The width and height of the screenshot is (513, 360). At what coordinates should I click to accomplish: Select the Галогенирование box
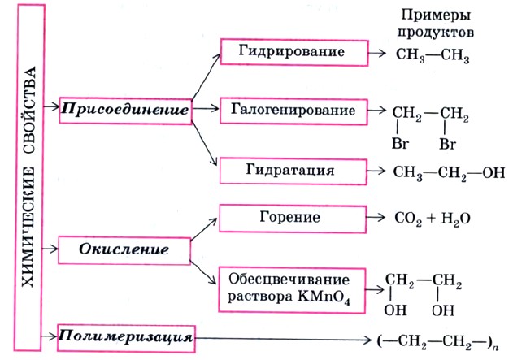pos(291,109)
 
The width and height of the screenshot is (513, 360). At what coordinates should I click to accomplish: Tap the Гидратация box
pos(291,171)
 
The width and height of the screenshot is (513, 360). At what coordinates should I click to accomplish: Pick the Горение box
pos(291,219)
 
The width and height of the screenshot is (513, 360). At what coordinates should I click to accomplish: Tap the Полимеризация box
pos(127,335)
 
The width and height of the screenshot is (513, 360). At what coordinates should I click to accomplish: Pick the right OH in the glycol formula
pos(444,310)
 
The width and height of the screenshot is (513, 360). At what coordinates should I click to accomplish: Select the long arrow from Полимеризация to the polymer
pos(285,336)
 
